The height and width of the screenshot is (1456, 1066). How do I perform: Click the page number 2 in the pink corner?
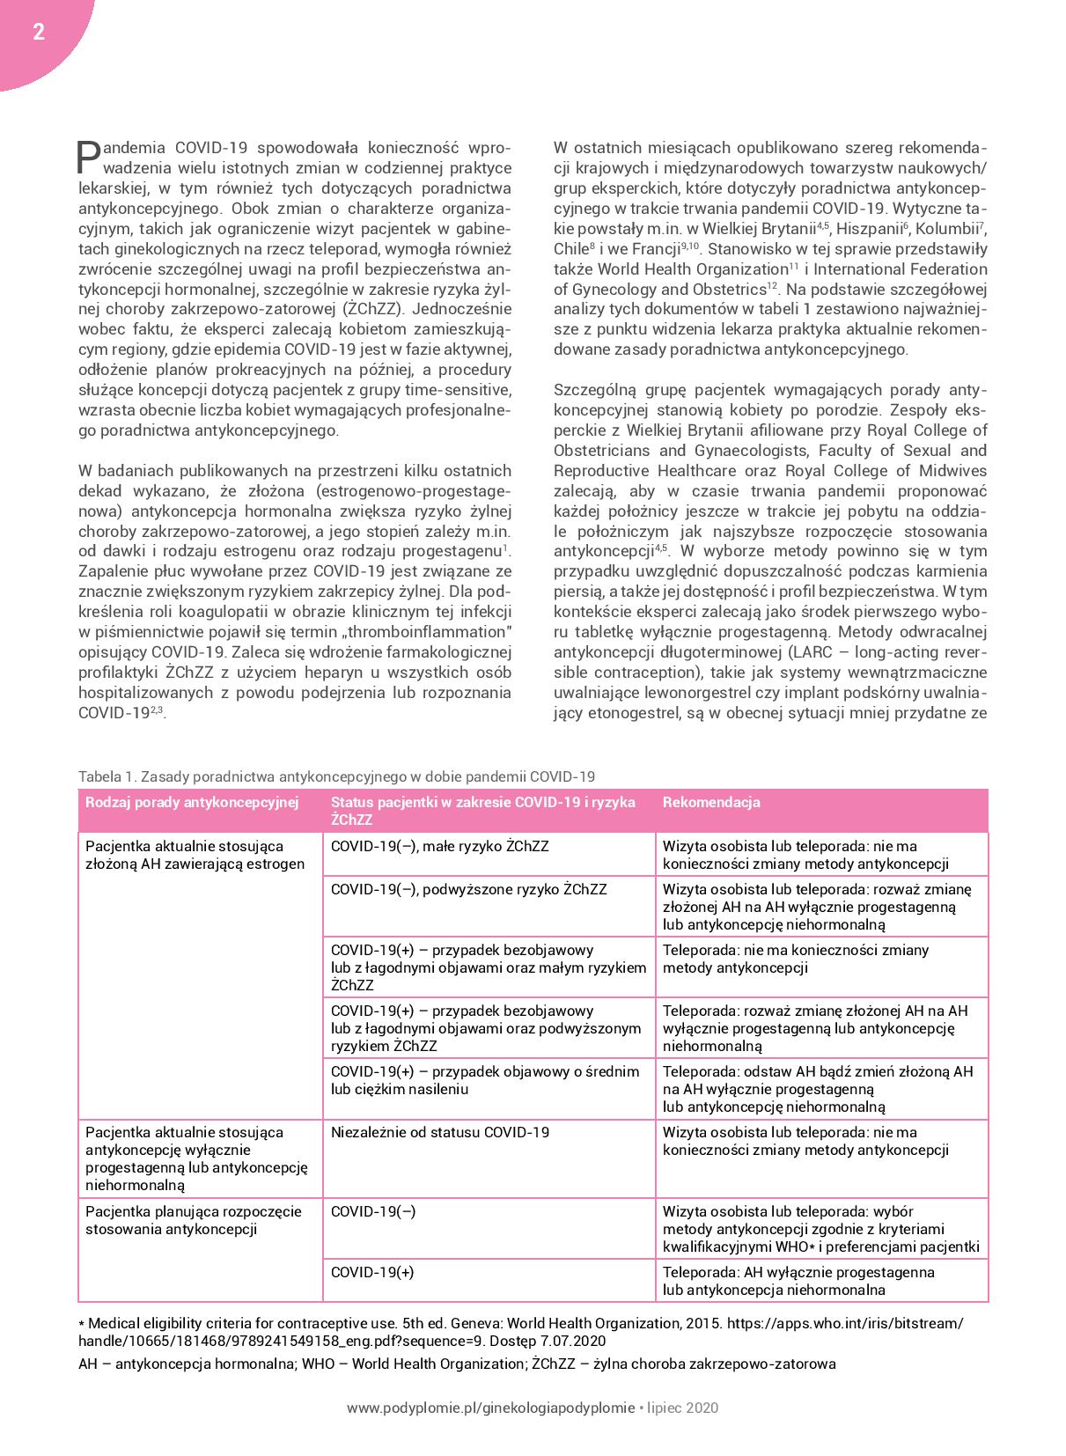38,33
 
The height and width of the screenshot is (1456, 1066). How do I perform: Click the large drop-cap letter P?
90,157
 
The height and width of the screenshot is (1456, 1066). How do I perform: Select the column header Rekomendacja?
711,802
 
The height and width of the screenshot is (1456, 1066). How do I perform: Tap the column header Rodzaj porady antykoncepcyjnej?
192,802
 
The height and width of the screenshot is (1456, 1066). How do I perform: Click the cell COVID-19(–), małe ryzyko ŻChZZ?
439,846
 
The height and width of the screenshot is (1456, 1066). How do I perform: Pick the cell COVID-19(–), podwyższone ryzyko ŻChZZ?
468,889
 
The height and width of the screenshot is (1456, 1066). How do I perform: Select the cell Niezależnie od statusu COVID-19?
439,1132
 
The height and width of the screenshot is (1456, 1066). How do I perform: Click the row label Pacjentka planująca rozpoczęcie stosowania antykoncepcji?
194,1220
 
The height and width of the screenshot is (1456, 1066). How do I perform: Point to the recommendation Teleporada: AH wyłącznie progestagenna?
798,1272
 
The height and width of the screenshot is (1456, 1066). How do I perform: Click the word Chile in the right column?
570,248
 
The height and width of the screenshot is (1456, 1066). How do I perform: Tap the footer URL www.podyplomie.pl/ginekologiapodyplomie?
490,1408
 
